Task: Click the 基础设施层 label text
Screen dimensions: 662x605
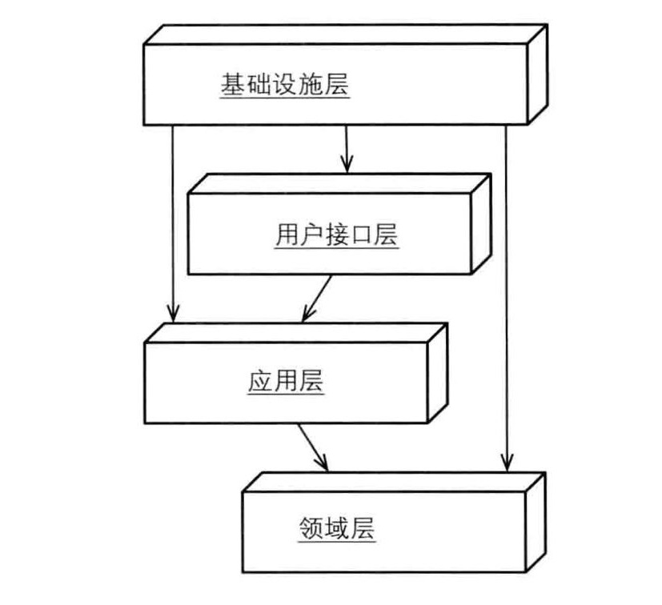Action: pyautogui.click(x=285, y=86)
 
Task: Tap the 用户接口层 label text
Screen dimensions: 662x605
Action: pyautogui.click(x=335, y=236)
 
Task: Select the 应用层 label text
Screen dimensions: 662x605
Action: pyautogui.click(x=286, y=381)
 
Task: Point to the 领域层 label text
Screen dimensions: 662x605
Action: pyautogui.click(x=337, y=529)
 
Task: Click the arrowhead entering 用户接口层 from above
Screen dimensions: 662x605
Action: pyautogui.click(x=345, y=165)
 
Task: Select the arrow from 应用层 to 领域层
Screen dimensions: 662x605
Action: pyautogui.click(x=313, y=447)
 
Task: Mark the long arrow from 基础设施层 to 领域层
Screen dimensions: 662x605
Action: pyautogui.click(x=505, y=296)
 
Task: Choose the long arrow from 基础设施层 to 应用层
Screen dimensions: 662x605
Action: pyautogui.click(x=172, y=224)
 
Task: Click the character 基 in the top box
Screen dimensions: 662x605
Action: pyautogui.click(x=233, y=86)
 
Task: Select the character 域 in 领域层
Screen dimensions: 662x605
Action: pyautogui.click(x=337, y=529)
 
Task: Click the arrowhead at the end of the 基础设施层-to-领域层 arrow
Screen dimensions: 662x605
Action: pyautogui.click(x=505, y=463)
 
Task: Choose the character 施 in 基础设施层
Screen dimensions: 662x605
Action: pyautogui.click(x=311, y=86)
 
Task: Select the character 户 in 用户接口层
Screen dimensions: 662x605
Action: pyautogui.click(x=311, y=236)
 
